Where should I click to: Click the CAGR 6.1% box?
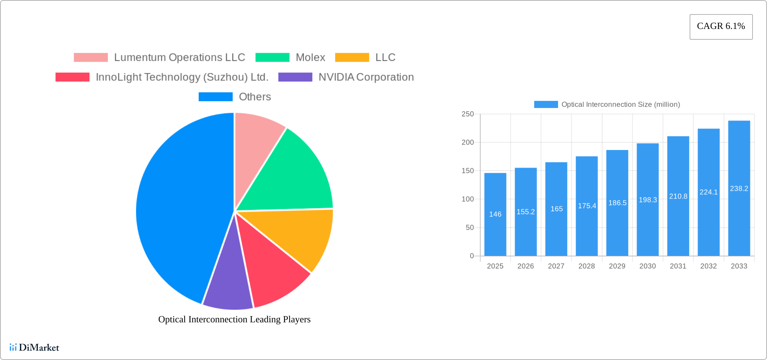click(721, 27)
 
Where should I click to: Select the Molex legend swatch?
click(272, 58)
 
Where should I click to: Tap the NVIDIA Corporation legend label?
click(366, 77)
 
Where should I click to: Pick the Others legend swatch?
click(215, 97)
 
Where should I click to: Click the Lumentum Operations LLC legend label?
click(180, 58)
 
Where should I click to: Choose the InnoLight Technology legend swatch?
click(72, 77)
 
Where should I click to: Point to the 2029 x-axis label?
click(617, 266)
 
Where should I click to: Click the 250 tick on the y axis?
click(468, 114)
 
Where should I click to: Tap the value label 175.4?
click(587, 206)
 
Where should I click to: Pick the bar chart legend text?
click(621, 105)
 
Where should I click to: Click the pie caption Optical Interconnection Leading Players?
click(234, 319)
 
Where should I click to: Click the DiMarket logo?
click(34, 348)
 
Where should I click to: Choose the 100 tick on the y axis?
click(468, 199)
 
